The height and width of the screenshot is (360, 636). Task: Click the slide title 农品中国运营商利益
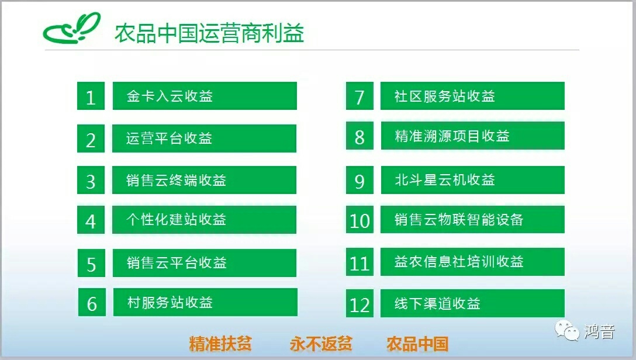pos(209,33)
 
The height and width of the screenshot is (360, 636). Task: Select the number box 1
pos(91,96)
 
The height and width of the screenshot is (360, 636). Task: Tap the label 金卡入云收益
pos(170,96)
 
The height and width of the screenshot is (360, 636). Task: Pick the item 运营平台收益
pos(169,139)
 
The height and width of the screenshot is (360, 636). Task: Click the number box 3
pos(91,180)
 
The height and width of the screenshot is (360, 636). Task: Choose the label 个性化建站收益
pos(176,220)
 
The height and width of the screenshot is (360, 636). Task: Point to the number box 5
pos(91,263)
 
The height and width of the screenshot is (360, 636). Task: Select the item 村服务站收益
pos(170,302)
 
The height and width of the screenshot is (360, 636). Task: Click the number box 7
pos(360,96)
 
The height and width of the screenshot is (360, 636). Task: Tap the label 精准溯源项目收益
pos(452,136)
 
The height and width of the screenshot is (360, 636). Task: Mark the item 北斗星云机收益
pos(445,179)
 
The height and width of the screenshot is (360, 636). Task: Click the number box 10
pos(360,219)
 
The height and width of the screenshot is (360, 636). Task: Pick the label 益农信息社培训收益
pos(459,261)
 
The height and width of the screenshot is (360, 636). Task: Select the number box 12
pos(360,303)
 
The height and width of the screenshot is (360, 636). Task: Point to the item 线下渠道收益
pos(438,303)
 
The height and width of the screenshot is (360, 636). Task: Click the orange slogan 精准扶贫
pos(220,344)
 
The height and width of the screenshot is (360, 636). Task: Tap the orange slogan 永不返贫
pos(321,344)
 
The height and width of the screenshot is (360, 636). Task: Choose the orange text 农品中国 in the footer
pos(417,344)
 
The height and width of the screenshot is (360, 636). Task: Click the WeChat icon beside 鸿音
pos(567,330)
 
